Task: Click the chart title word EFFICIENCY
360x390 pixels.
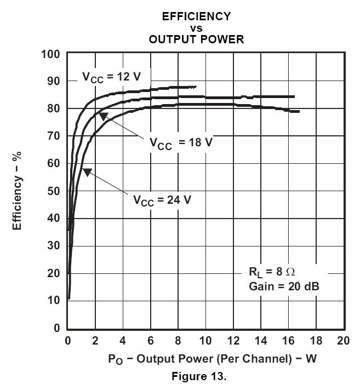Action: click(196, 16)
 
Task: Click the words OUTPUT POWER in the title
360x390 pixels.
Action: click(196, 39)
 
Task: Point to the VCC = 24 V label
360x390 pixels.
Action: click(162, 199)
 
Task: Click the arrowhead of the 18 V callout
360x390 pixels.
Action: click(103, 116)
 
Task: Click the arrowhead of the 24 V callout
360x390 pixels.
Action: click(87, 172)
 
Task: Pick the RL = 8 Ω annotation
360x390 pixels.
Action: click(273, 272)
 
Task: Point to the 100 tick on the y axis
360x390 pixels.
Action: click(50, 54)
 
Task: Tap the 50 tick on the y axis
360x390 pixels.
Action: click(54, 191)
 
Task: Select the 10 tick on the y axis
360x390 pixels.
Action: click(54, 301)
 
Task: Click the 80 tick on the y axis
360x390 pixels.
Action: click(54, 109)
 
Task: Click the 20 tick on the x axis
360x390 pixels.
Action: click(343, 340)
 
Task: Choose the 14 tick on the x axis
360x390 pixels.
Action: click(260, 340)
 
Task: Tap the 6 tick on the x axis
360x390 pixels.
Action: click(150, 340)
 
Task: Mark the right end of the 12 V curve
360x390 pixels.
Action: click(196, 87)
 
